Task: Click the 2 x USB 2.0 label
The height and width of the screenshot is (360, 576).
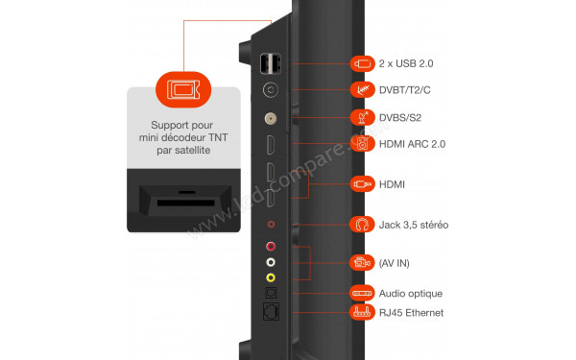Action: click(408, 63)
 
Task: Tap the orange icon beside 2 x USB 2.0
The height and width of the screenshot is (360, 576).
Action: click(362, 63)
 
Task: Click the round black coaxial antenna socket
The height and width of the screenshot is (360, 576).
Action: click(271, 92)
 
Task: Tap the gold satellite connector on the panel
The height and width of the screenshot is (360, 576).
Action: click(271, 121)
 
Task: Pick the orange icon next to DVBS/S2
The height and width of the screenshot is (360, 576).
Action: click(362, 117)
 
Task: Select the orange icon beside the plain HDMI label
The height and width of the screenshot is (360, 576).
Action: click(362, 182)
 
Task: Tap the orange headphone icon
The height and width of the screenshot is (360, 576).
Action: click(362, 225)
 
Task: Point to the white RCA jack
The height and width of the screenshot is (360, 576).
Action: click(271, 262)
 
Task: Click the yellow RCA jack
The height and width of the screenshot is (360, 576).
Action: click(271, 277)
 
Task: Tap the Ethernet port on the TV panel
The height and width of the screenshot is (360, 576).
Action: click(271, 312)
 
